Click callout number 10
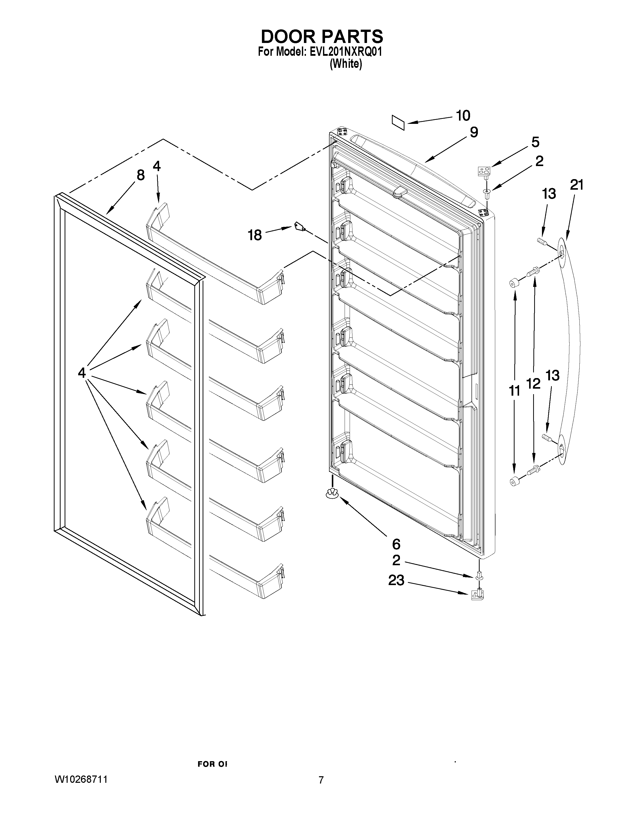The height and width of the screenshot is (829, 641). pos(463,115)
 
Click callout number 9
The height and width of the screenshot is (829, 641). pos(474,132)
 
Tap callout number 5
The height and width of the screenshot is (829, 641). pos(535,142)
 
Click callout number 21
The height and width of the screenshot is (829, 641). pos(577,185)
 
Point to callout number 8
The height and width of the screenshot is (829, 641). pos(141,175)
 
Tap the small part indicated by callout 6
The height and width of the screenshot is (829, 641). pos(332,493)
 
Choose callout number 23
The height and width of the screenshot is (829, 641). pos(396,580)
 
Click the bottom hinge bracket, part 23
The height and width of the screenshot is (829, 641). pos(478,594)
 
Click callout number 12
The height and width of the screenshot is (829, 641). pos(533,384)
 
